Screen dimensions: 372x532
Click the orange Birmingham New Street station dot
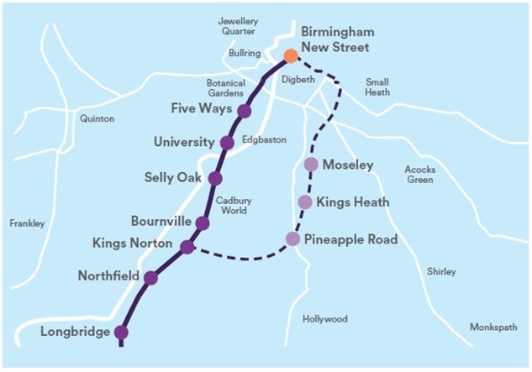pos(291,56)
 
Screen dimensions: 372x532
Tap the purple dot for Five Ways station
pos(245,111)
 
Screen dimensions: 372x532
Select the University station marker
pos(227,143)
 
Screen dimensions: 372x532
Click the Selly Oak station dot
pos(215,178)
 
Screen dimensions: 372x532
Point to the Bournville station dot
pos(203,223)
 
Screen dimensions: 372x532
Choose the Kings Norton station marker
pos(187,247)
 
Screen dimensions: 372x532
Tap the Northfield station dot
pos(150,278)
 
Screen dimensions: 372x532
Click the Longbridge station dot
pos(121,333)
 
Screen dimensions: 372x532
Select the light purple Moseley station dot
pos(311,165)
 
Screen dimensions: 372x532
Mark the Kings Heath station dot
pos(305,202)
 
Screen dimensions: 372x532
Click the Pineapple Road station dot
pos(292,238)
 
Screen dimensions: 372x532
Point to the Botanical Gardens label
pos(226,88)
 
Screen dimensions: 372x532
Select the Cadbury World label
pos(231,206)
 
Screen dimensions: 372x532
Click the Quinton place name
pos(97,119)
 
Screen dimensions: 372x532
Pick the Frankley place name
pos(27,223)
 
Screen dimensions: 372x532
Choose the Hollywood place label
pos(324,319)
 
